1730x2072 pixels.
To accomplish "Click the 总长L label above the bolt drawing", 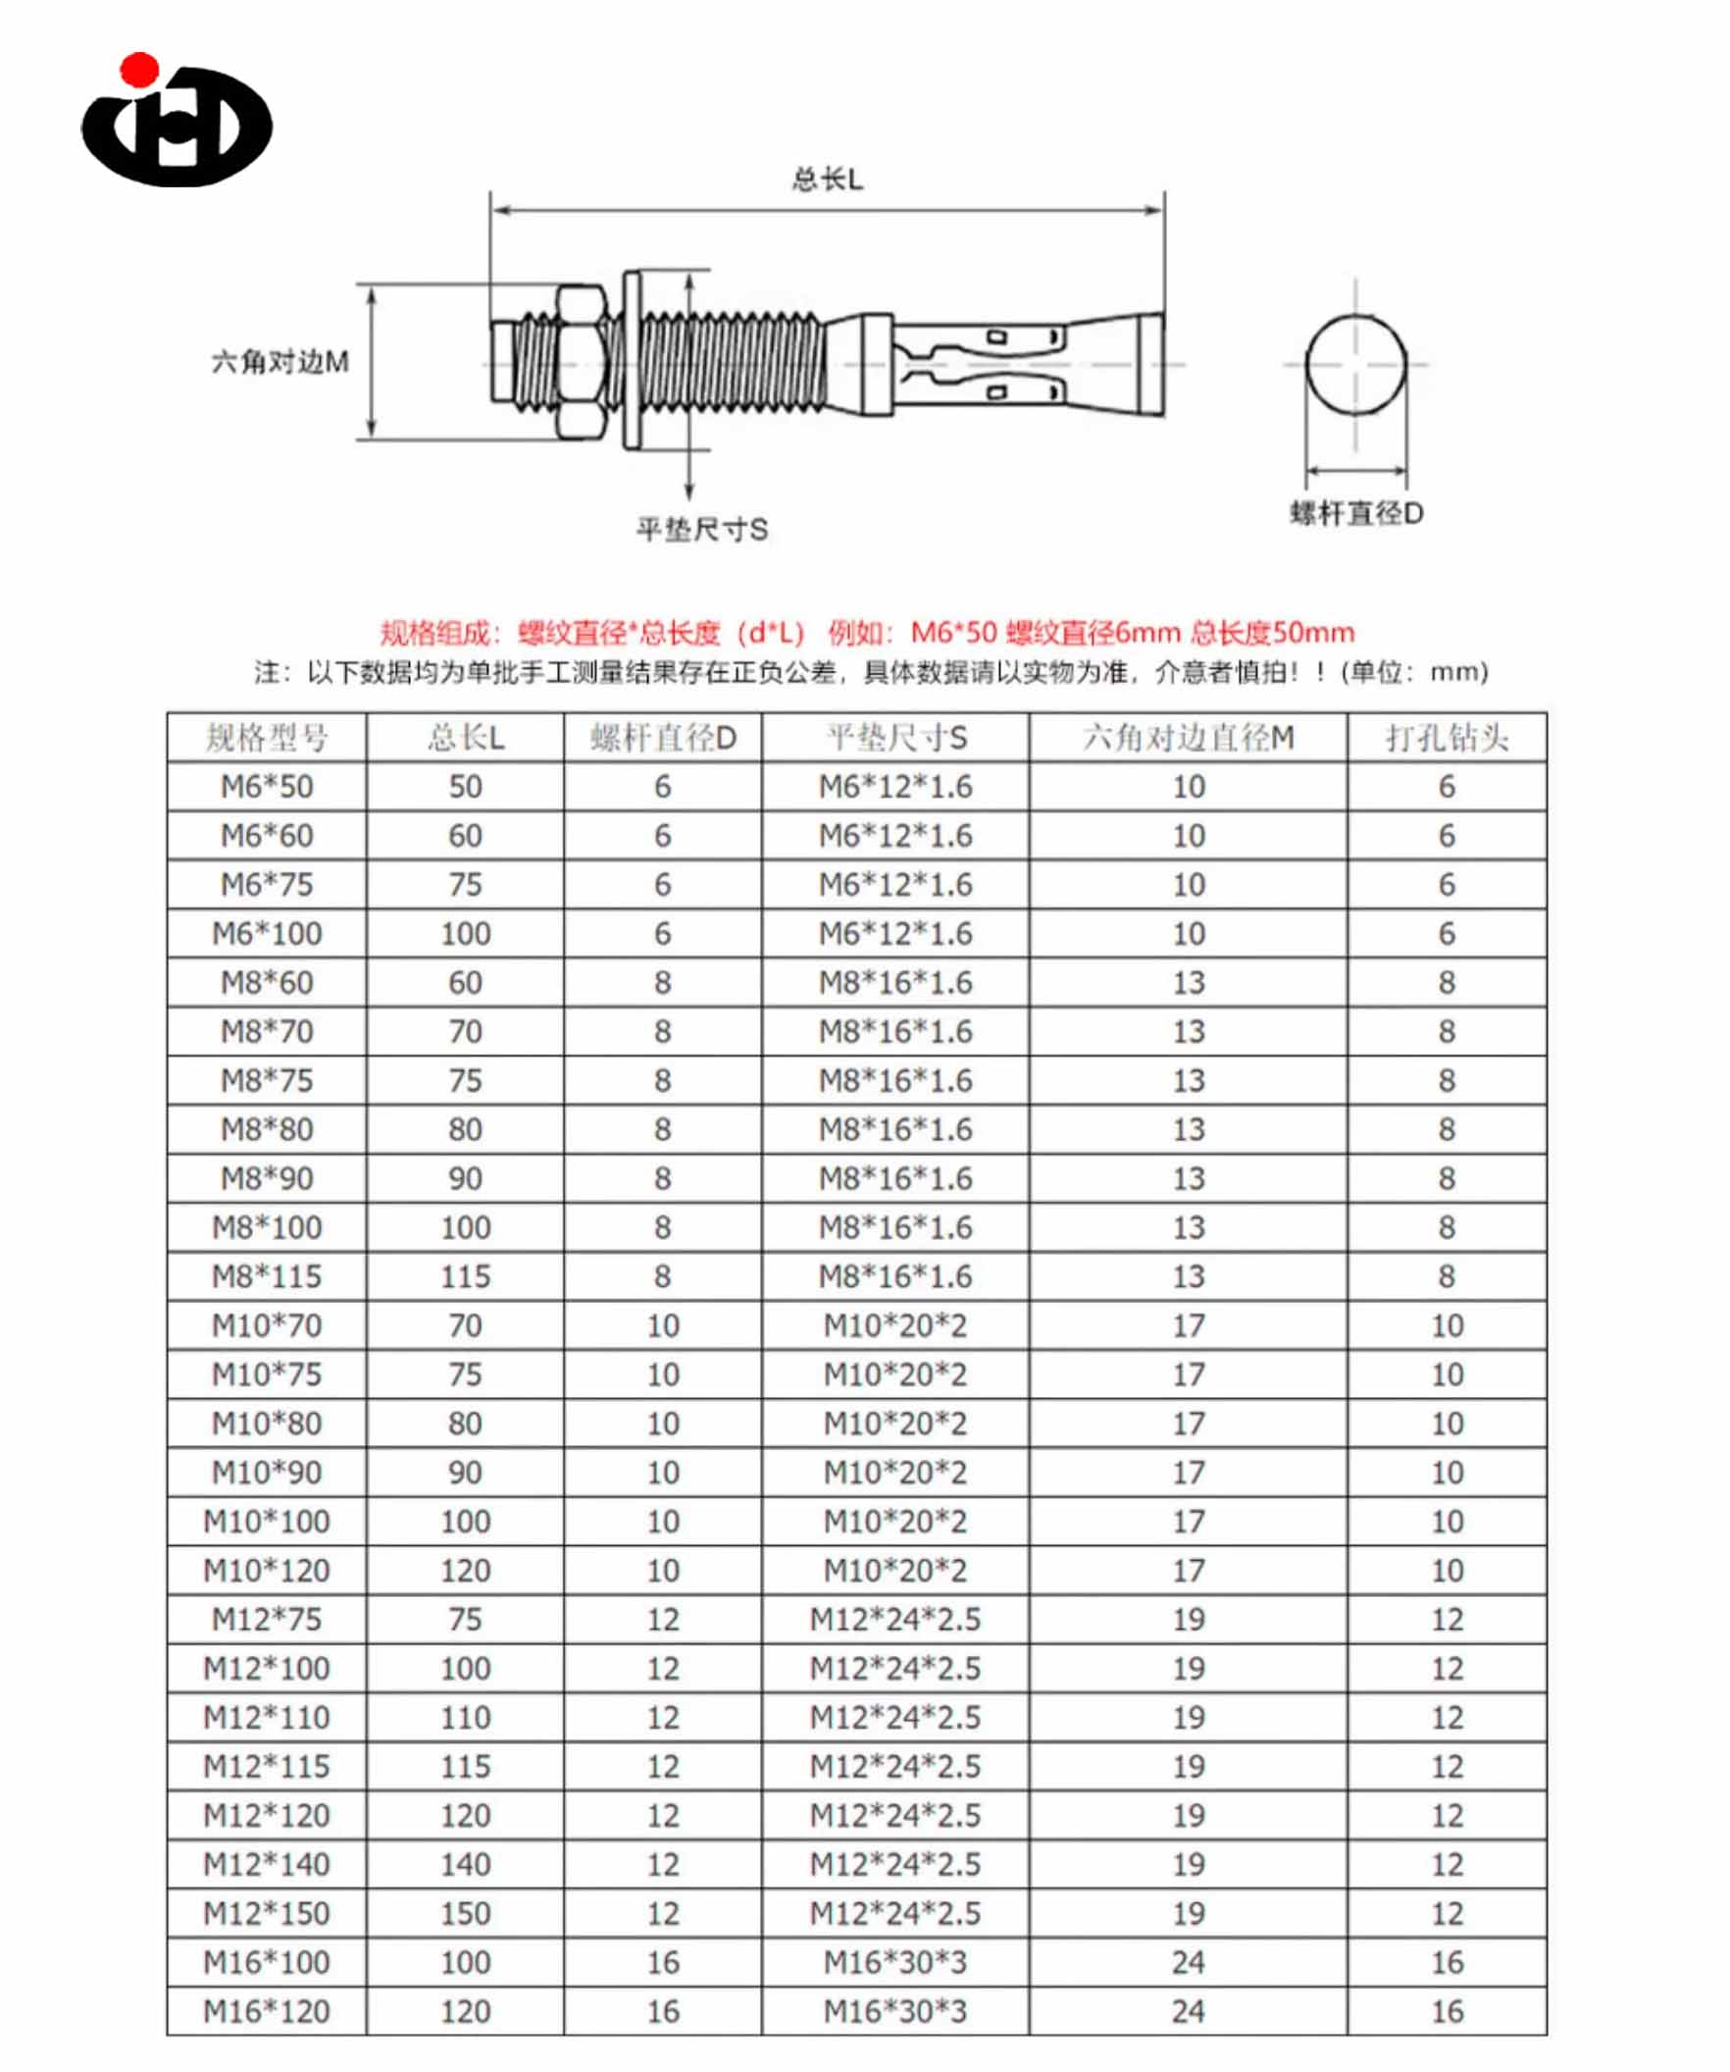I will [827, 180].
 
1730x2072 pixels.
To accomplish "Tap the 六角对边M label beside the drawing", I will [280, 362].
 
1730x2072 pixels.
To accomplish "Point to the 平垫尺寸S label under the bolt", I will [701, 530].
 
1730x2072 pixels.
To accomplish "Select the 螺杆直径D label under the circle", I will [1356, 513].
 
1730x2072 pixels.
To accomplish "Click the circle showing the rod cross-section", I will [1356, 364].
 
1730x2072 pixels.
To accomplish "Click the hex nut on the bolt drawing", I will [580, 362].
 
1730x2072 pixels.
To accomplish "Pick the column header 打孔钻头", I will [1446, 738].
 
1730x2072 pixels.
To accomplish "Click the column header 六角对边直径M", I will [1188, 738].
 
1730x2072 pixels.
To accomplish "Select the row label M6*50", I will [267, 787].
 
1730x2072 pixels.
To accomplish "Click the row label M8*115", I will [267, 1276].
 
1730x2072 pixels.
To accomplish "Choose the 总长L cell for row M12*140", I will [465, 1865].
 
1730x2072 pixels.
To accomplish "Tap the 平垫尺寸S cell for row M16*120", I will [894, 2011].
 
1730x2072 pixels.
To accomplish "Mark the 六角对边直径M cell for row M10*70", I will [1188, 1325].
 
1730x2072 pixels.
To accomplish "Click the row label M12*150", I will [267, 1913].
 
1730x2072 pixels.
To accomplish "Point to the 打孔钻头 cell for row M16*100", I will [1446, 1962].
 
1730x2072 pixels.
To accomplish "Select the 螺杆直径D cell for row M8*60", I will [662, 983].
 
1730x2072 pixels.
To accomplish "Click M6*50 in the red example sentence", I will [953, 633].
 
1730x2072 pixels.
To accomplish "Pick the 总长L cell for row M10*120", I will [465, 1571].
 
